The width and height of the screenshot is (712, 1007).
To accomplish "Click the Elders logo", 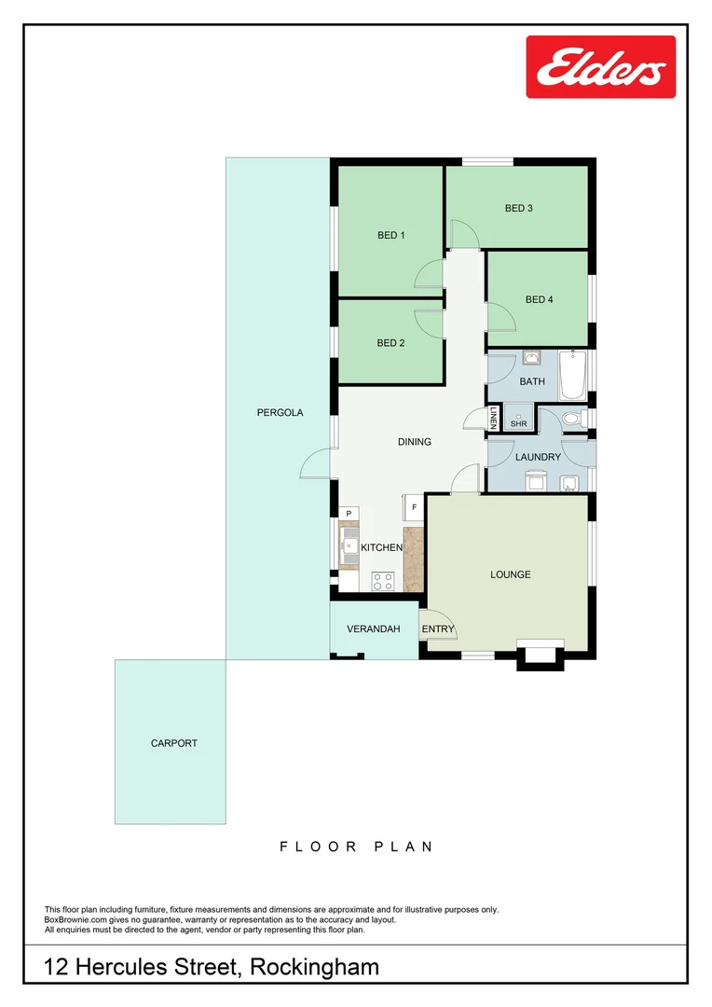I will click(x=600, y=66).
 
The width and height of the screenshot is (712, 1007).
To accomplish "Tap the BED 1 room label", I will click(x=390, y=235).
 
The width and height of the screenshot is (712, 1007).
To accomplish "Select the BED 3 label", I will click(x=518, y=208).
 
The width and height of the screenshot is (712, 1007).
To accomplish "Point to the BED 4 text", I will click(x=539, y=299).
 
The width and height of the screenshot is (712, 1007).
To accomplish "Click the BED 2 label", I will click(x=390, y=342).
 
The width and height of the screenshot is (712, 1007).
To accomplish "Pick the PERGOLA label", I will click(x=280, y=412).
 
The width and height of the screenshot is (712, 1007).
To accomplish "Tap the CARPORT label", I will click(x=174, y=743).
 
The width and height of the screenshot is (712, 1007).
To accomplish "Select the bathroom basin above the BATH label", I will click(x=532, y=358).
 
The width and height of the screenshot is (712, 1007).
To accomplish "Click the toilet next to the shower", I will click(x=576, y=419).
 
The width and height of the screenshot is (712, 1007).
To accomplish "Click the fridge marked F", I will click(x=412, y=507).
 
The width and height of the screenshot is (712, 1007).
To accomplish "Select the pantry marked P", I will click(x=349, y=514).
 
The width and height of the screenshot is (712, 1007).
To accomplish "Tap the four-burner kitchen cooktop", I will click(x=382, y=581).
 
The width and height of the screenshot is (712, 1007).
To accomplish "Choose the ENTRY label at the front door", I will click(x=437, y=629).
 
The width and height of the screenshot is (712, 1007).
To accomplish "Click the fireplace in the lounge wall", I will click(x=541, y=653).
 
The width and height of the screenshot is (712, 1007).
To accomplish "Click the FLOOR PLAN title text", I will click(x=356, y=847).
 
